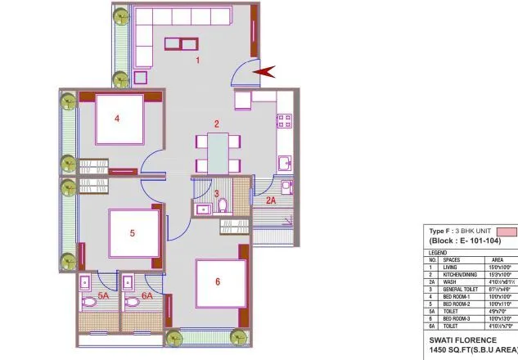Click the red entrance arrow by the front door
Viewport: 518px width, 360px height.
click(265, 74)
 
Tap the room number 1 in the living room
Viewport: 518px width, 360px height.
click(196, 61)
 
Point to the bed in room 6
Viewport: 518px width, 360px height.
click(220, 283)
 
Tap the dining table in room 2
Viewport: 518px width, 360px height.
click(218, 152)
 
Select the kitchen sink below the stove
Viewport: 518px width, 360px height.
click(285, 162)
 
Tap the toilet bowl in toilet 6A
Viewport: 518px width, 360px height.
click(136, 302)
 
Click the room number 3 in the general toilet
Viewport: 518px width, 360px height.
click(216, 194)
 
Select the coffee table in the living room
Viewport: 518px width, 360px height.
click(181, 45)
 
